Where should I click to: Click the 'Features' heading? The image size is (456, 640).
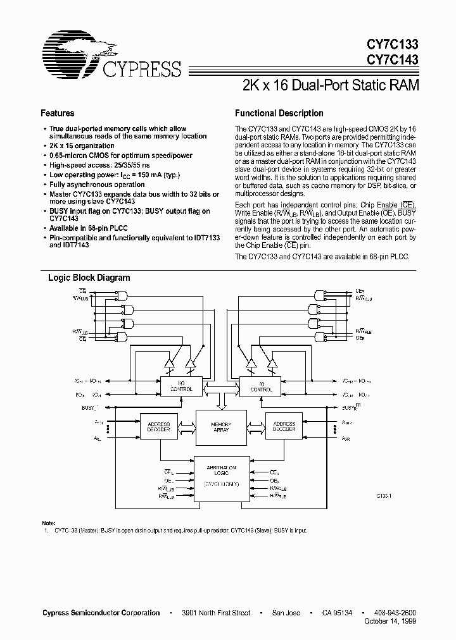[58, 113]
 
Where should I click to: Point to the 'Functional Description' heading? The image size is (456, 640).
[279, 113]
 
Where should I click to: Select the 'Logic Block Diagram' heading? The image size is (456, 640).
[89, 277]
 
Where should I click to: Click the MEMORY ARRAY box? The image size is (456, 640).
[220, 428]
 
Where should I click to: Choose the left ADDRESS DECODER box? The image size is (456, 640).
[158, 426]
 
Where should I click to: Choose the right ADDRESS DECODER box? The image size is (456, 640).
[284, 426]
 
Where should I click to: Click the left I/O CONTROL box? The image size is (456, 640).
[181, 386]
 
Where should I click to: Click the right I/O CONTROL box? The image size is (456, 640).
[260, 386]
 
